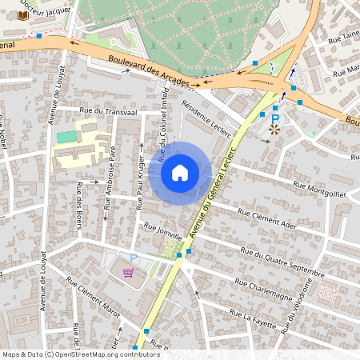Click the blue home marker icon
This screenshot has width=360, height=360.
pos(180,172)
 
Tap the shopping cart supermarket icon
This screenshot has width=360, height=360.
pos(128,272)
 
